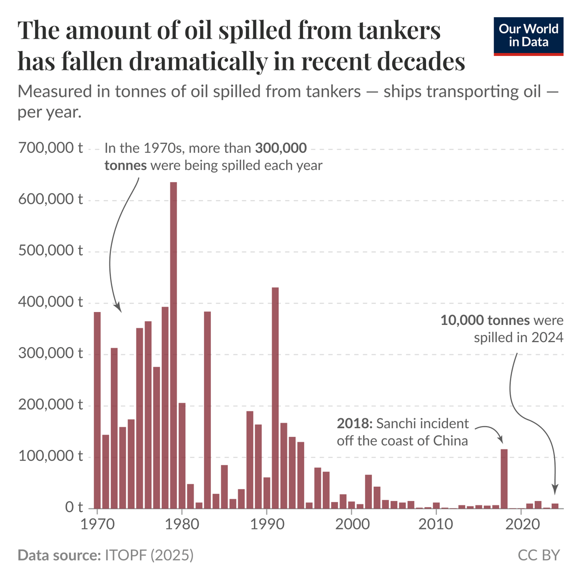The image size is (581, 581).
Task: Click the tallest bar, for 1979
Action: point(173,344)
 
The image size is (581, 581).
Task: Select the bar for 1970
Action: point(97,409)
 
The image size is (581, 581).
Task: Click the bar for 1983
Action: point(207,409)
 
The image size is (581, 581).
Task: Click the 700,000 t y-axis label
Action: point(50,148)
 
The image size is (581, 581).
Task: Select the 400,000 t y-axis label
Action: point(50,302)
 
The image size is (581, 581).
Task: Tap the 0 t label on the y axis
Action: point(74,508)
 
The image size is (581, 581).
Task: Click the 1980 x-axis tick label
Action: point(182,524)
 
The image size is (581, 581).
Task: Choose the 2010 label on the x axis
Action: point(436,524)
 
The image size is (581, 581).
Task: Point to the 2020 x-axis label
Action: point(521,524)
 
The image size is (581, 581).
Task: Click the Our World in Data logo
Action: point(528,36)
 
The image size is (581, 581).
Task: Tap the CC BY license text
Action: point(538,555)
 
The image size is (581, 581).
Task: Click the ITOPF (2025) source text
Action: point(149,555)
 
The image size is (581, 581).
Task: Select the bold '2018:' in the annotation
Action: point(354,424)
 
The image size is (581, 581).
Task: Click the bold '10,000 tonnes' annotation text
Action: point(485,321)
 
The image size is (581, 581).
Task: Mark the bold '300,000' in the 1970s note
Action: point(281,148)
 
